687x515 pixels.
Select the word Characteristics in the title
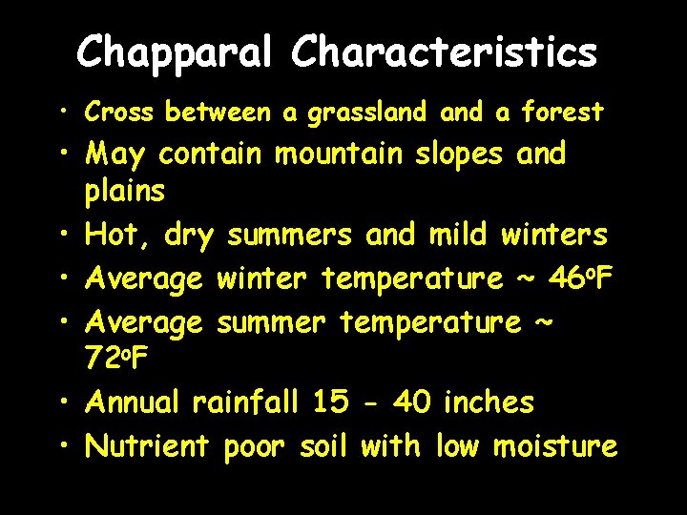point(445,52)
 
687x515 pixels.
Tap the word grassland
point(366,113)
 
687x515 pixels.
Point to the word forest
point(562,113)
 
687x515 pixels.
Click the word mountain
point(342,154)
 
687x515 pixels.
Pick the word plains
point(125,192)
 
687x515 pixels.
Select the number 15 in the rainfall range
point(331,402)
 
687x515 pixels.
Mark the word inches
point(489,402)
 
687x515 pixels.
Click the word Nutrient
point(146,445)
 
